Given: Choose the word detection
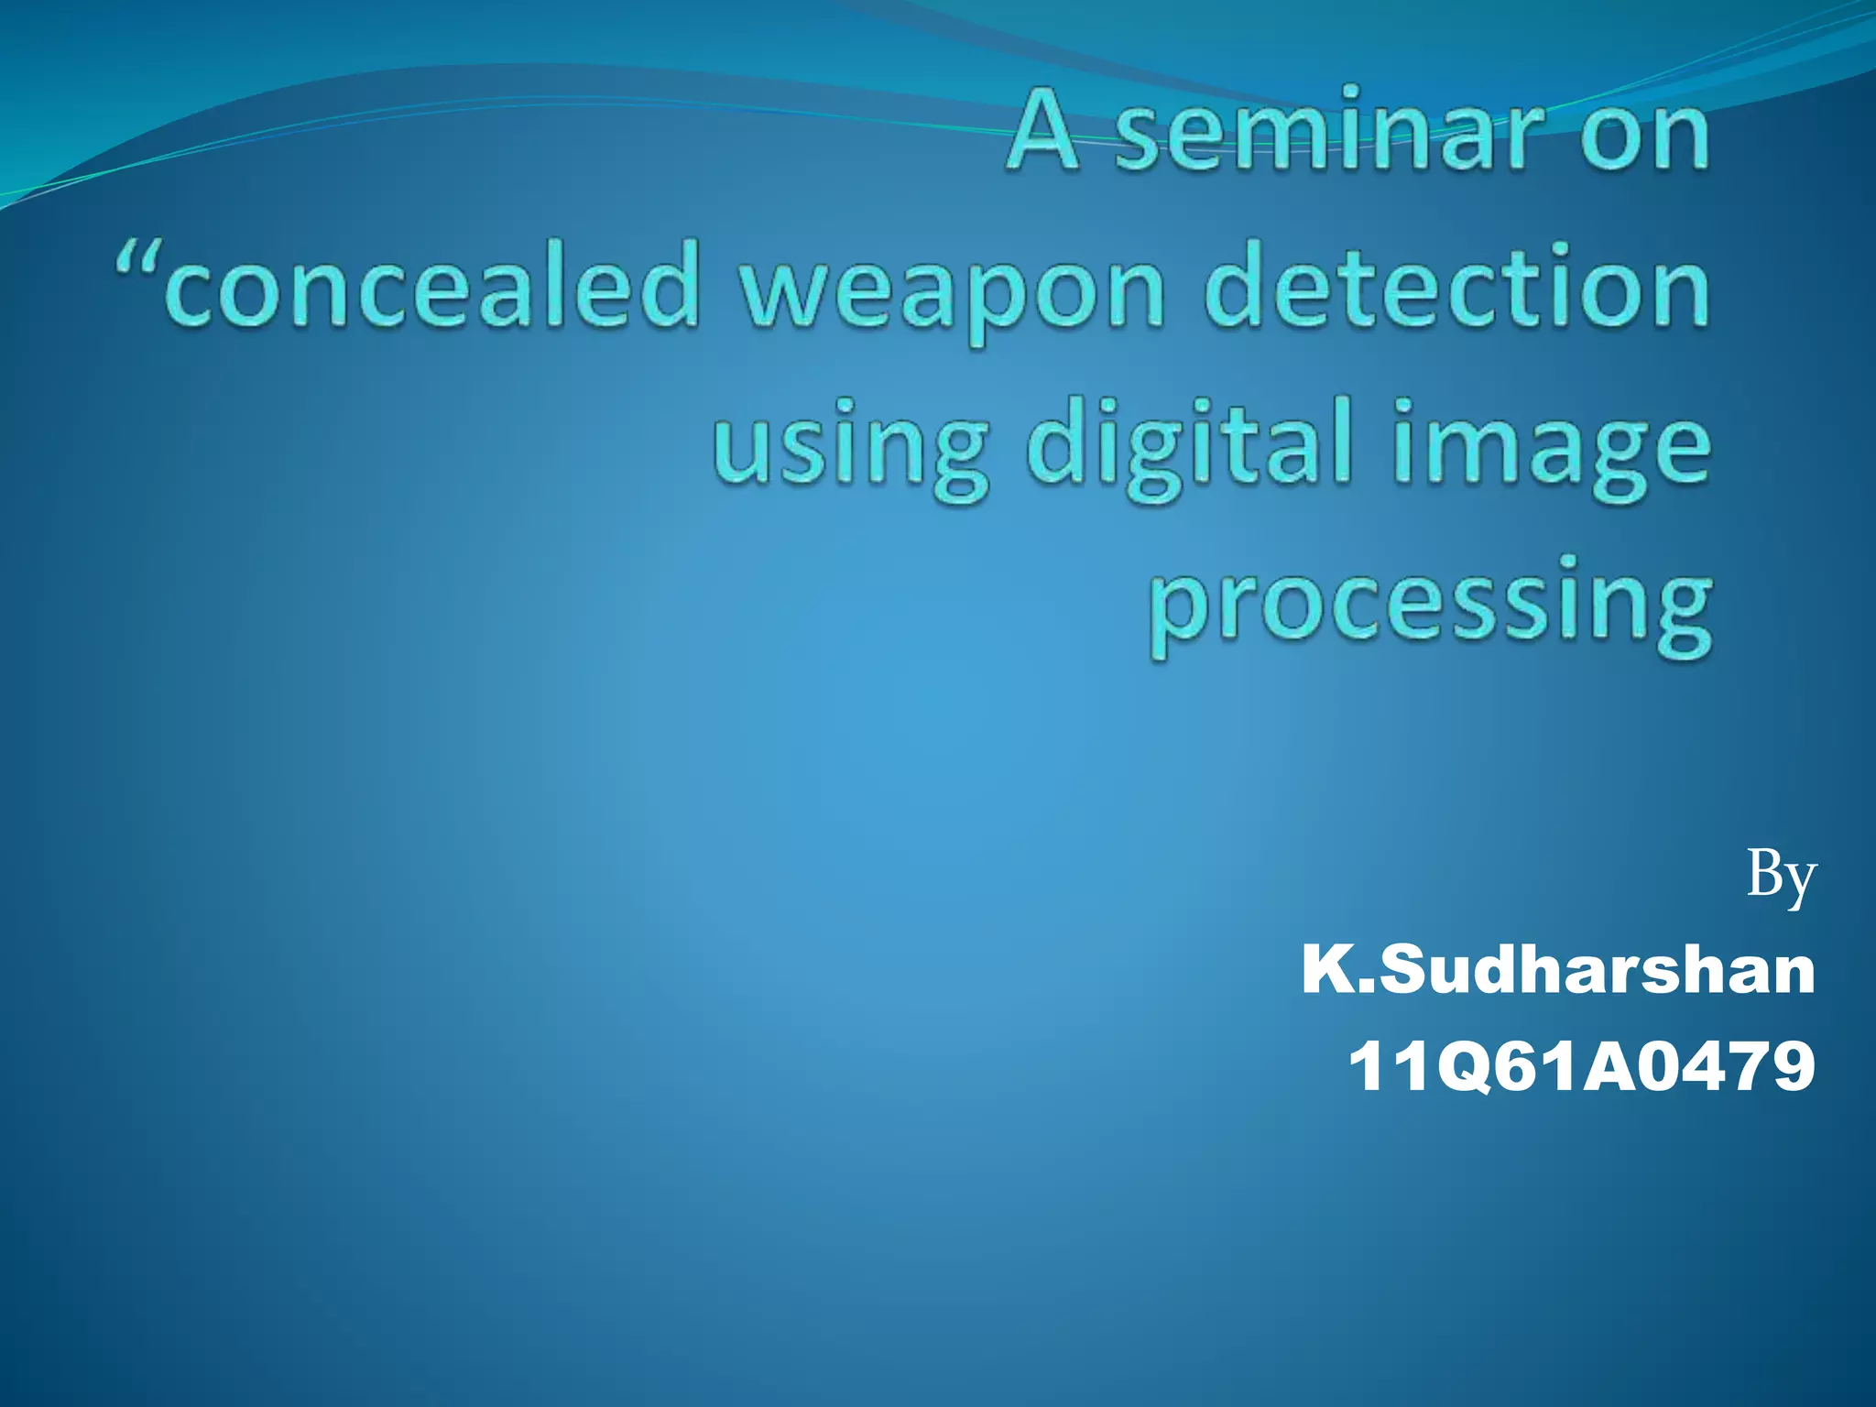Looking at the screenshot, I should (x=1456, y=286).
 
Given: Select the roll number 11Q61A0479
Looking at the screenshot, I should (x=1581, y=1066).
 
